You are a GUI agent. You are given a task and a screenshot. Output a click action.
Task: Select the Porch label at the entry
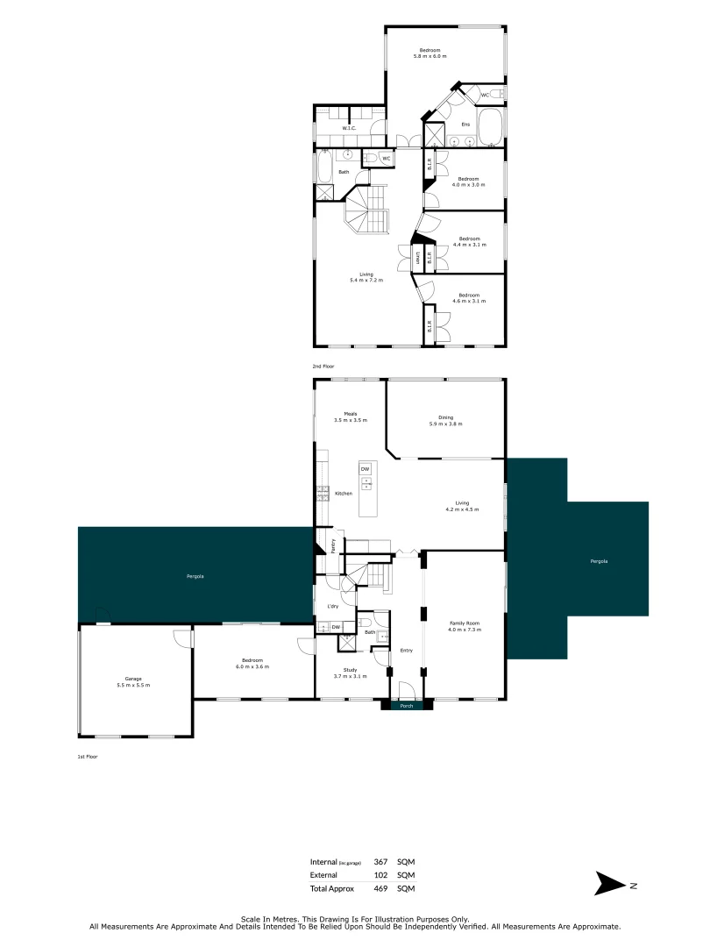point(407,705)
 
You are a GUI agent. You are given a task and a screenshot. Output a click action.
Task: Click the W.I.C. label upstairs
point(349,129)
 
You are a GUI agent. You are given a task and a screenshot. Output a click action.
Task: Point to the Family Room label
point(465,624)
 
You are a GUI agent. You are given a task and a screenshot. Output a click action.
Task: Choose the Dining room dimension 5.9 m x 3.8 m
point(445,424)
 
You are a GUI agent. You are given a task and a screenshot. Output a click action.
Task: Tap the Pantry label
point(334,544)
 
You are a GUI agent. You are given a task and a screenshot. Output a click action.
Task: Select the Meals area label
point(350,414)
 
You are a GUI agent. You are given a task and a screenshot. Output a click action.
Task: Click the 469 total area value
point(380,888)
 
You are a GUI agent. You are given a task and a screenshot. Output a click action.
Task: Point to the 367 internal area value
point(380,862)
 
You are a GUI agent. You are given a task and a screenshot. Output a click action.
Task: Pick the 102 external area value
point(380,875)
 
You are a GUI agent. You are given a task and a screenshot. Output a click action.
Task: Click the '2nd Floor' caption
point(323,366)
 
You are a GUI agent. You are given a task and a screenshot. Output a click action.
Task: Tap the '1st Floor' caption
point(88,755)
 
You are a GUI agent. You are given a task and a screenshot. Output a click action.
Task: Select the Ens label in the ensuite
point(465,125)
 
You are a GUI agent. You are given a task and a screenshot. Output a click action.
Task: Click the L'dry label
point(333,607)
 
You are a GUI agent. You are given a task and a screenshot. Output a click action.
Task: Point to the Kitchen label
point(344,494)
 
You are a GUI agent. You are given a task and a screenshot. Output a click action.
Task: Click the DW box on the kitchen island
point(365,469)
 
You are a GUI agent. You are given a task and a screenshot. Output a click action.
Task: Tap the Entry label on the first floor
point(407,651)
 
